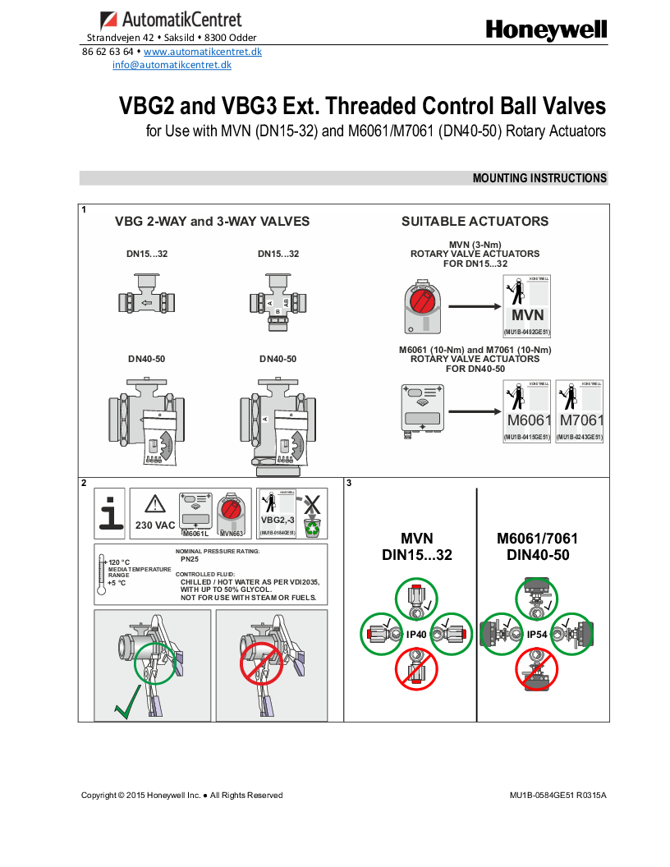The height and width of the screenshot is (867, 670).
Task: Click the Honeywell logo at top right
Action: pos(546,30)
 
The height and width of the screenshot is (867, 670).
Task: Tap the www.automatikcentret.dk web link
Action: pos(202,52)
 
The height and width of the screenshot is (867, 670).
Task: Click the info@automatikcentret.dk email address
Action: pos(172,65)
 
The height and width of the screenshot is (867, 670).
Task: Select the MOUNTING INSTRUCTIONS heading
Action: pos(539,178)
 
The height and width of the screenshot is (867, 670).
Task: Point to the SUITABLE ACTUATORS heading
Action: pos(475,222)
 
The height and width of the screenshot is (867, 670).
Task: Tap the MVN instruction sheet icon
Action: pos(527,305)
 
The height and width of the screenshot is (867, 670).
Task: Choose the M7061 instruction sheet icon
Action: pos(580,411)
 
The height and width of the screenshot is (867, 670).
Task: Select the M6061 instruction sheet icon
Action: pos(527,411)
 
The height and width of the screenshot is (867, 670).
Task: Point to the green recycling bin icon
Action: pos(312,527)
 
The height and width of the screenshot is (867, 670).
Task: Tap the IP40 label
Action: pos(416,635)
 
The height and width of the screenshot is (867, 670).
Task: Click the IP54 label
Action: pos(537,635)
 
